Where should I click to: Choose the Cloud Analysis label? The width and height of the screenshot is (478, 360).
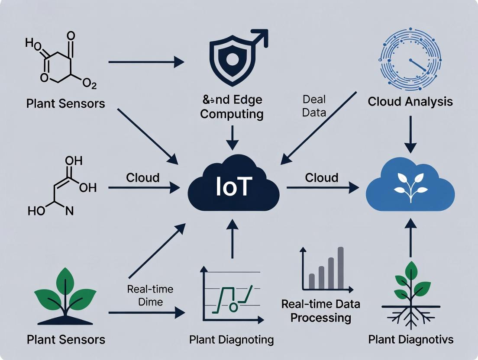point(410,102)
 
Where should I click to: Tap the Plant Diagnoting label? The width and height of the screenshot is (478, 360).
point(232,340)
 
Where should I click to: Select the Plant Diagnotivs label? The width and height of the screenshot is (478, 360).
point(410,339)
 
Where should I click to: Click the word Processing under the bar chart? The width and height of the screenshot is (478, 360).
point(320,318)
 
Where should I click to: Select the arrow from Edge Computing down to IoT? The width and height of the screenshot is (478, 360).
point(233,138)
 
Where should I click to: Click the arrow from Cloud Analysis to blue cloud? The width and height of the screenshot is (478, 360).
point(410,134)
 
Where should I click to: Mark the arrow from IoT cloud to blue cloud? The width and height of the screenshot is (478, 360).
point(323,187)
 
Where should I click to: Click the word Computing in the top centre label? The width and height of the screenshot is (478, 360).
point(232,114)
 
